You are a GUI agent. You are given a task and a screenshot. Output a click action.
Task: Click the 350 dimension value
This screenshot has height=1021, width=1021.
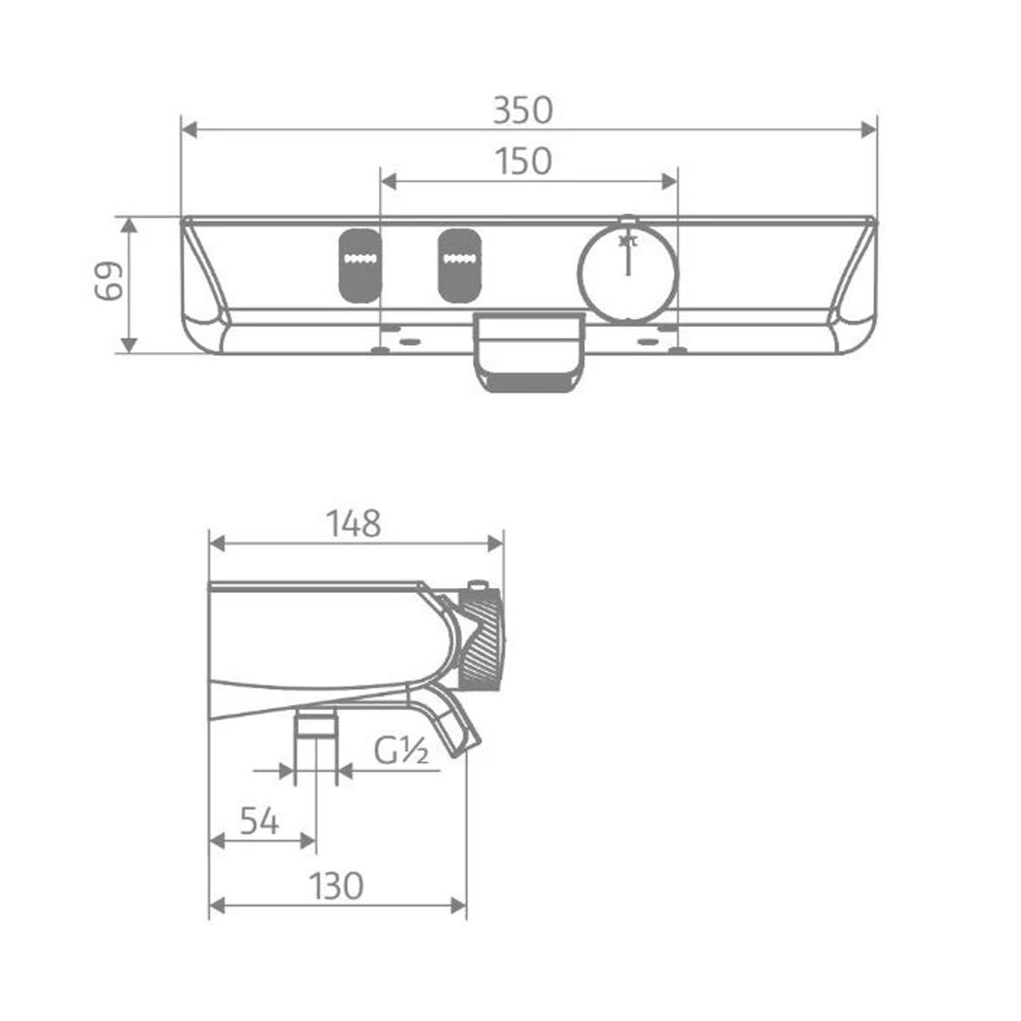523,110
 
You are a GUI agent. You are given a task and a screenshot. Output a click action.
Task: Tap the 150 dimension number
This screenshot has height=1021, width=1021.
523,162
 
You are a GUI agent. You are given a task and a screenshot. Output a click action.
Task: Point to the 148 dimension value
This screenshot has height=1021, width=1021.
354,524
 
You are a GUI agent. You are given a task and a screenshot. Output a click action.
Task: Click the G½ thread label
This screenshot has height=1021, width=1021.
401,751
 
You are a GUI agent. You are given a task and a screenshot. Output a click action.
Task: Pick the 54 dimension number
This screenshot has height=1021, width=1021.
259,822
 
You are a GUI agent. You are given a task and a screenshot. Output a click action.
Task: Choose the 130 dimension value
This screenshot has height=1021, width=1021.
336,886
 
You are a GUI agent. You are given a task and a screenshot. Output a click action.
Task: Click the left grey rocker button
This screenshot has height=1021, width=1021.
360,265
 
